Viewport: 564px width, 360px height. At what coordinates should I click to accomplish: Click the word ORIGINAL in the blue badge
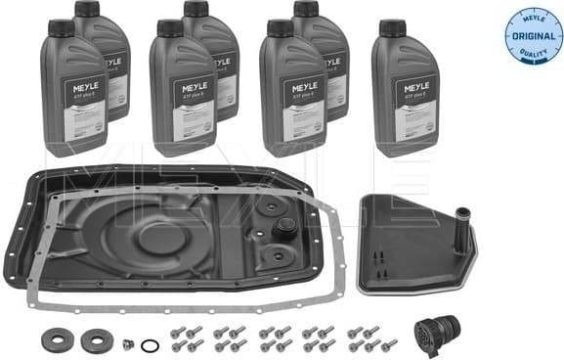pyautogui.click(x=530, y=35)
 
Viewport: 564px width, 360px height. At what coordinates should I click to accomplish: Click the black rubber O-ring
pyautogui.click(x=148, y=345)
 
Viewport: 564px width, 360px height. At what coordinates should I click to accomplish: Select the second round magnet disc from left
pyautogui.click(x=96, y=341)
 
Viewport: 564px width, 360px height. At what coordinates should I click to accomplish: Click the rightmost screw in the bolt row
pyautogui.click(x=388, y=343)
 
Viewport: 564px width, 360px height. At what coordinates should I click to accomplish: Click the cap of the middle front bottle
pyautogui.click(x=171, y=28)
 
